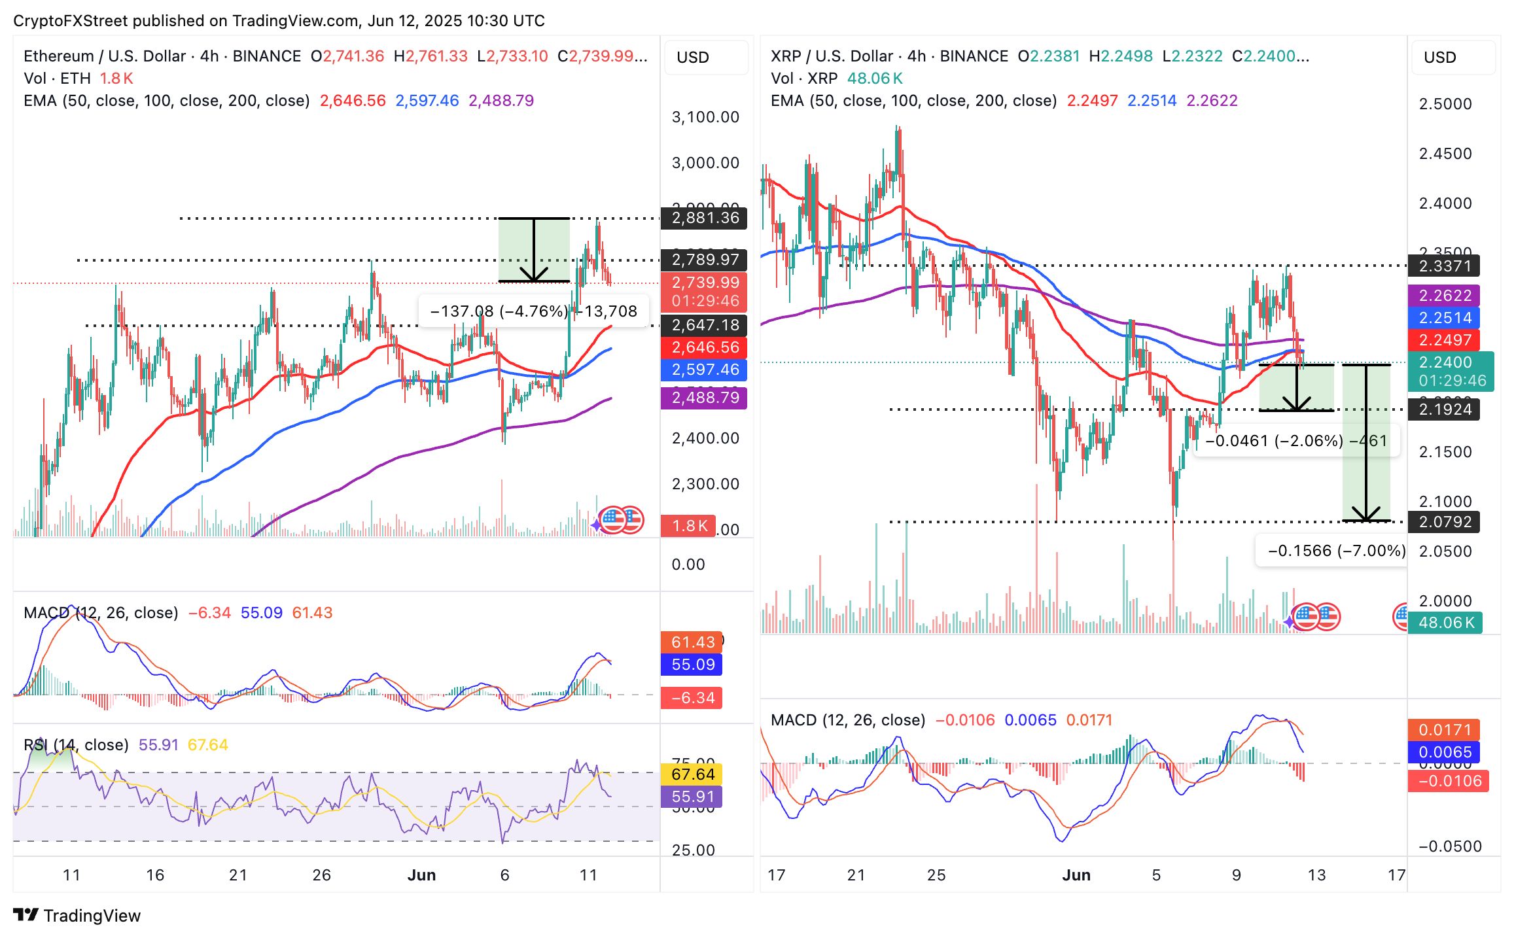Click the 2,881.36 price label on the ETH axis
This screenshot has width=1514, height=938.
pos(704,218)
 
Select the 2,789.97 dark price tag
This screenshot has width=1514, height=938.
pos(704,260)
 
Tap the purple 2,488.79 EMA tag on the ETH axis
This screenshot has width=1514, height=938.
pos(704,398)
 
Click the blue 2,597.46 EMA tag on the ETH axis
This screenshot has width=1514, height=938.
pos(704,370)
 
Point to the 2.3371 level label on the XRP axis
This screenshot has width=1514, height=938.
pos(1444,266)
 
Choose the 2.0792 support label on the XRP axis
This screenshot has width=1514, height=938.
pos(1444,522)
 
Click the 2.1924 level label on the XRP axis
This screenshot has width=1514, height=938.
pos(1444,409)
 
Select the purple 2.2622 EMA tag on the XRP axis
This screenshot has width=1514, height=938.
pos(1444,296)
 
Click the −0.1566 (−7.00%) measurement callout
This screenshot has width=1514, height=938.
pos(1335,551)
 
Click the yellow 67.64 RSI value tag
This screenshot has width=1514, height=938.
pos(692,774)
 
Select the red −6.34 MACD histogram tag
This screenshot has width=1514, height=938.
pos(692,698)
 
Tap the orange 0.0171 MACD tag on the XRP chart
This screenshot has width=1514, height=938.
pos(1444,730)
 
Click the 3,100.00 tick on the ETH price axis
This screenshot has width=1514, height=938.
pos(705,117)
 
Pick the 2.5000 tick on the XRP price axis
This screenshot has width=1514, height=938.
pos(1445,104)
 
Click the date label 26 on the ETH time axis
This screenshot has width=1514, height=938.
pos(321,875)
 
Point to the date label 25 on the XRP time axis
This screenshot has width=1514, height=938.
pos(936,875)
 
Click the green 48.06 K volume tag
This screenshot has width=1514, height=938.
pos(1445,623)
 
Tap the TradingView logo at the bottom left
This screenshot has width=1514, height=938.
pos(77,916)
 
